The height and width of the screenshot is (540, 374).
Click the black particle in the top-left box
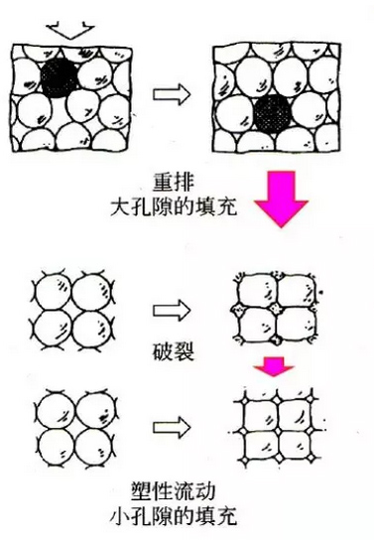(x=62, y=73)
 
